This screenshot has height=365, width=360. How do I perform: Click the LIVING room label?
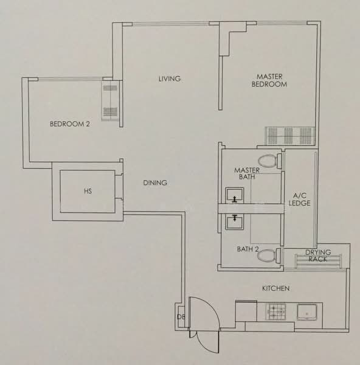[170, 79]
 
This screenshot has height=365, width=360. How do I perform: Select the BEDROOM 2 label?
[69, 124]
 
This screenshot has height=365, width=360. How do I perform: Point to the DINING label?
[155, 182]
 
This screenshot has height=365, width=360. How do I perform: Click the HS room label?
[87, 192]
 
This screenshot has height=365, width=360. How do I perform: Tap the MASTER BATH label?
[247, 173]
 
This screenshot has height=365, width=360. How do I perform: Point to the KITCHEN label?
[275, 288]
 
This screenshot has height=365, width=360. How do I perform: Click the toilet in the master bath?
[269, 161]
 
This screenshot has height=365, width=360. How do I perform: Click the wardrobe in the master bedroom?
[290, 134]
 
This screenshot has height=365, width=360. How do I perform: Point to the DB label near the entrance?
[181, 317]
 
